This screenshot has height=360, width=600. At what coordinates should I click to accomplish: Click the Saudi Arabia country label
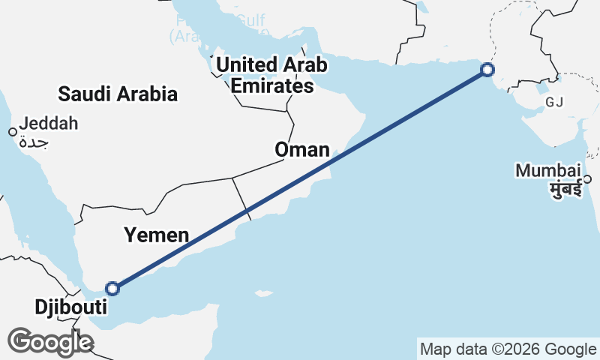click(x=118, y=94)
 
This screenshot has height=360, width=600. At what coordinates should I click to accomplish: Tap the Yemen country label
click(x=157, y=235)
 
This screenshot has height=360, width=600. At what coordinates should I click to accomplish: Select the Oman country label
click(x=302, y=150)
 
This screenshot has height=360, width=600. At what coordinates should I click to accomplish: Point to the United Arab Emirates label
click(x=271, y=75)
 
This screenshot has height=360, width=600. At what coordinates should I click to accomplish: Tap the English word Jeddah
click(x=49, y=124)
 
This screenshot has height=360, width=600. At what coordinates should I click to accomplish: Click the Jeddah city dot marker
click(x=12, y=132)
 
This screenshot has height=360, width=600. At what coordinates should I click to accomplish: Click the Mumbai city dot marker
click(x=588, y=178)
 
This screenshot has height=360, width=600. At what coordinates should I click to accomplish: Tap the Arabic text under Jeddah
click(x=34, y=141)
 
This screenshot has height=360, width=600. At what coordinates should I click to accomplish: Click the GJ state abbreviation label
click(x=554, y=102)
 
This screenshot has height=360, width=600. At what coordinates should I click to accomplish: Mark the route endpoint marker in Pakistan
click(x=487, y=70)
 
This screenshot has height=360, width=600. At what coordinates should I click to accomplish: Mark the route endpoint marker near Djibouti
click(x=112, y=288)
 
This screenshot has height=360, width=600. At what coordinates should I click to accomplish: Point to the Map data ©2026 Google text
click(x=508, y=349)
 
